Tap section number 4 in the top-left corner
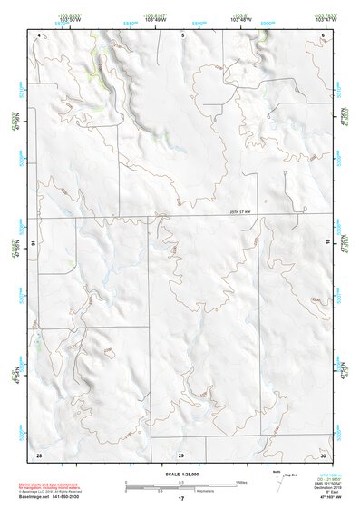40,34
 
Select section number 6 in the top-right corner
323,34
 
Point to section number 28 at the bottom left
39,454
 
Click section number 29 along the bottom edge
180,454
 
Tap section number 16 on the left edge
33,244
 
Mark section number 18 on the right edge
328,244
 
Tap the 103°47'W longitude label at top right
322,19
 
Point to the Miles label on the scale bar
242,480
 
